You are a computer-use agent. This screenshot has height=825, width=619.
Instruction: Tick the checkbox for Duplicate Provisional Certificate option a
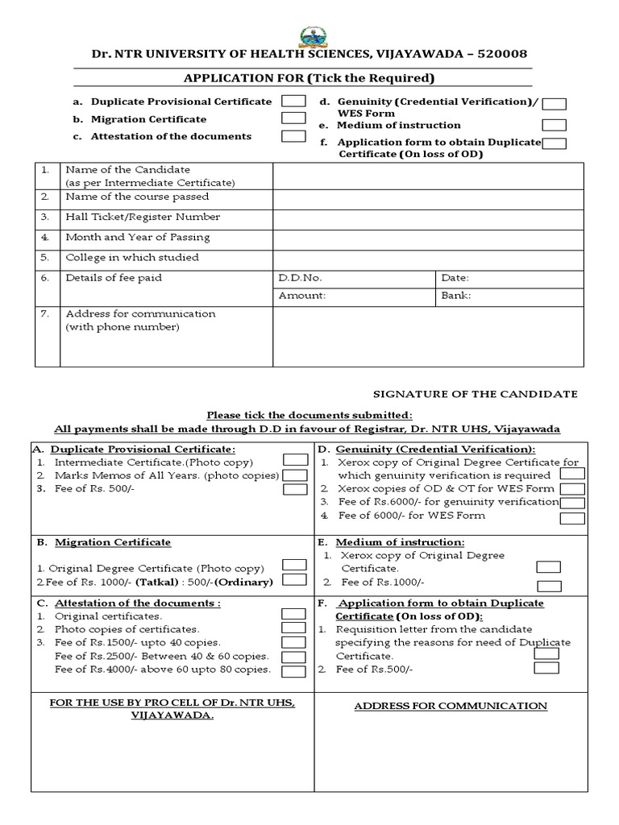pyautogui.click(x=293, y=102)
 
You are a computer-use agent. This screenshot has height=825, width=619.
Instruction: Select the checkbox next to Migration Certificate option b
pyautogui.click(x=293, y=118)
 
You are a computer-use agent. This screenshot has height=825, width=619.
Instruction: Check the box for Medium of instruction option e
pyautogui.click(x=554, y=125)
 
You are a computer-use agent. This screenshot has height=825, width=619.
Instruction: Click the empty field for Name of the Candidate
pyautogui.click(x=427, y=176)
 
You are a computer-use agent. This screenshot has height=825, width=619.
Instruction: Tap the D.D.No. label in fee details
pyautogui.click(x=300, y=278)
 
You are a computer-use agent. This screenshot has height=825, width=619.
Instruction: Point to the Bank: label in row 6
pyautogui.click(x=456, y=296)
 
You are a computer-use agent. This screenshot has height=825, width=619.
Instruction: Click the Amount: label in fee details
pyautogui.click(x=302, y=296)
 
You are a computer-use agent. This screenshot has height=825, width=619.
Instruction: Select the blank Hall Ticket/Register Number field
pyautogui.click(x=427, y=217)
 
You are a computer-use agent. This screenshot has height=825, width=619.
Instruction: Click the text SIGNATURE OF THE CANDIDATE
pyautogui.click(x=475, y=394)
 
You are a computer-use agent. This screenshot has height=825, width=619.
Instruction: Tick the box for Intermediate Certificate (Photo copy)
pyautogui.click(x=295, y=460)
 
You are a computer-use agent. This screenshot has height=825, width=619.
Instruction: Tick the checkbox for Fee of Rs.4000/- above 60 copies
pyautogui.click(x=294, y=671)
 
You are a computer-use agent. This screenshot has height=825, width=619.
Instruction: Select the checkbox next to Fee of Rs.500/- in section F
pyautogui.click(x=546, y=668)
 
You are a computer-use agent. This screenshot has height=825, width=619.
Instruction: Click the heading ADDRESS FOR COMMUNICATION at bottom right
pyautogui.click(x=451, y=706)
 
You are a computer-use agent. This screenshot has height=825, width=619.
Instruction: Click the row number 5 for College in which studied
pyautogui.click(x=46, y=258)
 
